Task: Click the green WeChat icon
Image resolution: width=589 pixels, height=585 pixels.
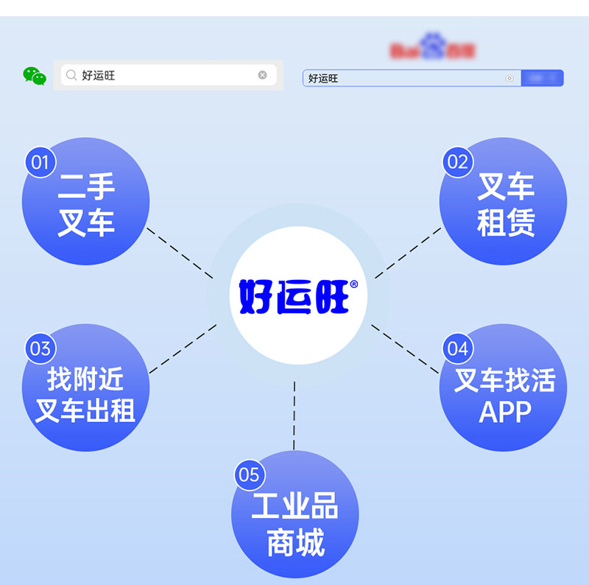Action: (x=34, y=75)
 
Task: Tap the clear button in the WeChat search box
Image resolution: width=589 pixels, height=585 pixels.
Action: (x=262, y=75)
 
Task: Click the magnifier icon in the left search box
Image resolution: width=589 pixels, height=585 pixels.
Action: (x=71, y=75)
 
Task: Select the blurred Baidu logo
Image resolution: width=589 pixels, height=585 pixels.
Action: (x=432, y=50)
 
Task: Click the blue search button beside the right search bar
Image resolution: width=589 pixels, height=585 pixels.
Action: (x=542, y=78)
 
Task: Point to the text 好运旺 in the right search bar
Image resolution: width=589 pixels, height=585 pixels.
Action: (x=323, y=78)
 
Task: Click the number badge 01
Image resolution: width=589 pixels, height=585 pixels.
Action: (x=40, y=161)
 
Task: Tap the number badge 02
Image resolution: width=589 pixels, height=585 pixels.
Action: (x=458, y=161)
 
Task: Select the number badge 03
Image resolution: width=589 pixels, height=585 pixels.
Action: (x=40, y=348)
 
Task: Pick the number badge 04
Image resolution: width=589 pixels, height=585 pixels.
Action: (x=458, y=348)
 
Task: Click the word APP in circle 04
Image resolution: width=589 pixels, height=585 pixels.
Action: (x=505, y=413)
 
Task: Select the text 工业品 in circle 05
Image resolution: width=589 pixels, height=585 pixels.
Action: (x=294, y=507)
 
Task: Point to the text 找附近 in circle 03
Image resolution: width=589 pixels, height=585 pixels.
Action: (x=85, y=379)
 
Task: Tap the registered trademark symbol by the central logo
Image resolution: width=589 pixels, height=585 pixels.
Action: (x=354, y=284)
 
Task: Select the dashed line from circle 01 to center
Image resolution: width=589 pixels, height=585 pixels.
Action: (x=180, y=253)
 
